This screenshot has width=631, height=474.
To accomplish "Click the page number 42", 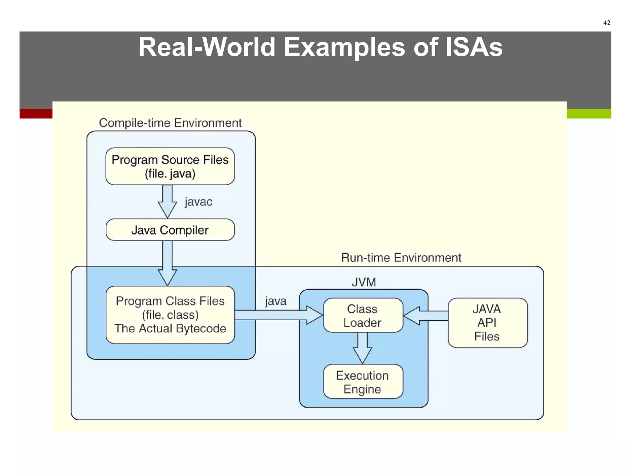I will [606, 23].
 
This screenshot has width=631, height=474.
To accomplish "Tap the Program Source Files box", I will [170, 166].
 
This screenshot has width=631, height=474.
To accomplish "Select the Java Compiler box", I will [170, 230].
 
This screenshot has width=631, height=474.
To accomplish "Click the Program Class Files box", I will [170, 315].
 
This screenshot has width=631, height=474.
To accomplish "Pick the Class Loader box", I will [363, 315].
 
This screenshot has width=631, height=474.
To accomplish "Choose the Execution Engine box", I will [363, 382].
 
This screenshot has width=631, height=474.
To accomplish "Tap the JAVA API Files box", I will [487, 323].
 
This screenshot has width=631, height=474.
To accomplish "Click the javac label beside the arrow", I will [198, 202].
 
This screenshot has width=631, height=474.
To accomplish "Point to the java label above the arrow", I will [275, 301].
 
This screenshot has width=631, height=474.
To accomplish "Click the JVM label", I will [364, 282].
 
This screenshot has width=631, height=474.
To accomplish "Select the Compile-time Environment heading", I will [170, 123].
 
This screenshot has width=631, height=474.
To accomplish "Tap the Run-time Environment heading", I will [401, 258].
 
